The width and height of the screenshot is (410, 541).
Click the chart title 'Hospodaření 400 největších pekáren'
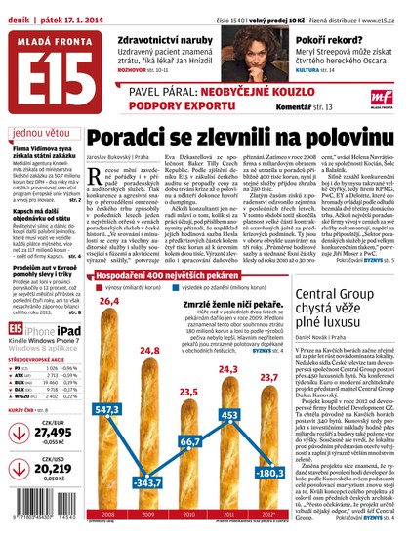point(157,251)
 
